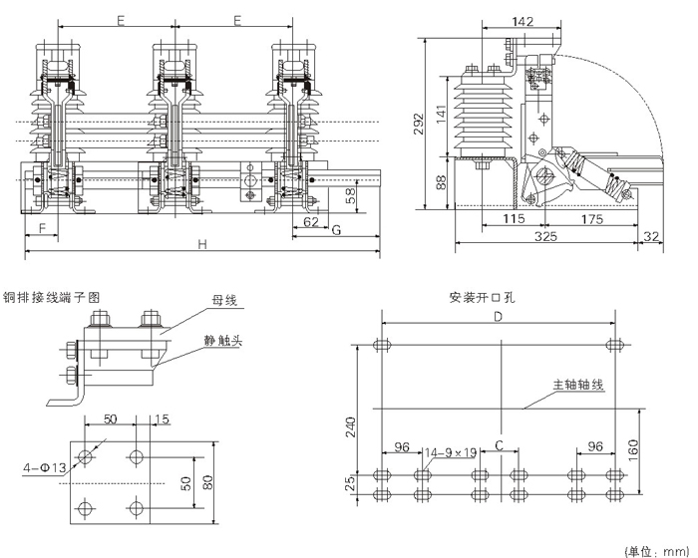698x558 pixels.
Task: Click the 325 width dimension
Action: point(545,237)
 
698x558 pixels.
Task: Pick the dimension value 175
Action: point(594,218)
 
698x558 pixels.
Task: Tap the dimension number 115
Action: point(515,218)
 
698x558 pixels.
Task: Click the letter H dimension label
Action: point(201,244)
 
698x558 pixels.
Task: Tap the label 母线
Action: point(223,299)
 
